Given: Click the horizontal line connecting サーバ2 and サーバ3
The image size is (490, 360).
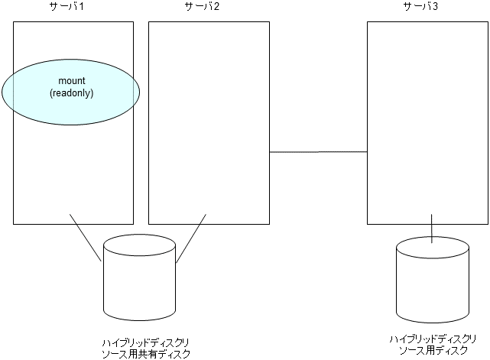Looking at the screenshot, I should click(318, 152).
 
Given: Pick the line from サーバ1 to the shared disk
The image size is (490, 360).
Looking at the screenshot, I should click(86, 237).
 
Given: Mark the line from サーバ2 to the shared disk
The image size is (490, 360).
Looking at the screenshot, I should click(192, 238).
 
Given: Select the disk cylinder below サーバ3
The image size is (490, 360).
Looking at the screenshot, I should click(433, 287).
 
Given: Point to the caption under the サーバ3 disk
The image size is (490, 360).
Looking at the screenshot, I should click(433, 344).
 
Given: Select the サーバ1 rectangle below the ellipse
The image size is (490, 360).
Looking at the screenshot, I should click(73, 176).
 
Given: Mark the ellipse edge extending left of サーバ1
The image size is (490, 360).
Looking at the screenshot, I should click(6, 92).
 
